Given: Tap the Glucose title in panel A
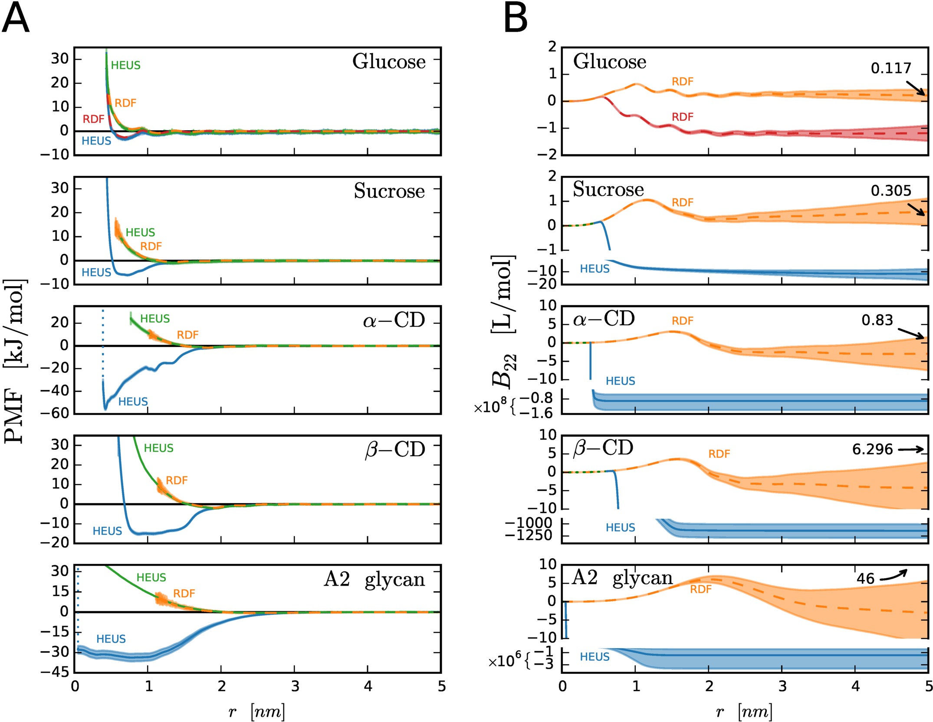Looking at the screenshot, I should (x=389, y=62).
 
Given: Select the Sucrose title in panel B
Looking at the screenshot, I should (x=608, y=189).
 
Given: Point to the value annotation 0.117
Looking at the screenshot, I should (x=891, y=68).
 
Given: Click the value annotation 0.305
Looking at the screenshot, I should (x=891, y=191).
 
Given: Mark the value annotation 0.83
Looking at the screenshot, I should (x=877, y=320).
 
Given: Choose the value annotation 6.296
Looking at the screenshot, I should (x=872, y=449).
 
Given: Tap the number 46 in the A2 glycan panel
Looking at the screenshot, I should (x=865, y=579).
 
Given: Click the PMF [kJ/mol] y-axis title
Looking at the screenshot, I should (x=15, y=360).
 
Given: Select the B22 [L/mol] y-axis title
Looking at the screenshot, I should (x=503, y=321).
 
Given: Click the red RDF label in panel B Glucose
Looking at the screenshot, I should (x=683, y=117).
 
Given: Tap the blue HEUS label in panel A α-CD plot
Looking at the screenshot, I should (x=133, y=402).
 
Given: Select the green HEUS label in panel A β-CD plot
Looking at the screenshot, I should (x=158, y=448).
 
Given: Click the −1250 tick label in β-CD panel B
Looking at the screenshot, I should (x=529, y=535).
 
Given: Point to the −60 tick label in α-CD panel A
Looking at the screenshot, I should (x=55, y=413).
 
